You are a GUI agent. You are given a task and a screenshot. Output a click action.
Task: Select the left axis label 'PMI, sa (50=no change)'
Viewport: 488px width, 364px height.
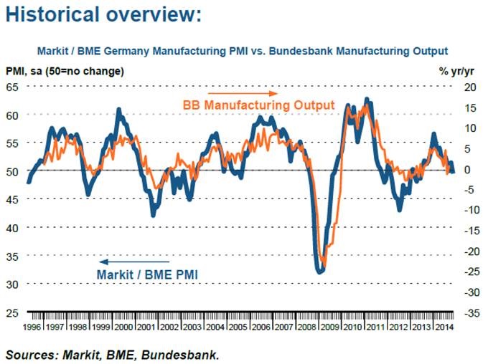pyautogui.click(x=65, y=71)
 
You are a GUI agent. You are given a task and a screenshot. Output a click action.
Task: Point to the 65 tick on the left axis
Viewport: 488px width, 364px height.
pyautogui.click(x=12, y=87)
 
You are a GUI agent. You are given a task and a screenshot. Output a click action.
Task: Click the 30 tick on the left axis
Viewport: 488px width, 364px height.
pyautogui.click(x=12, y=284)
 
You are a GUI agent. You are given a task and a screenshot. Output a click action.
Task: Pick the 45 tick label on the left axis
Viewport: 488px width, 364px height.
pyautogui.click(x=12, y=199)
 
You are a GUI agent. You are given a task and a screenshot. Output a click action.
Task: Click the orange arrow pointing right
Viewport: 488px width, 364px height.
pyautogui.click(x=242, y=94)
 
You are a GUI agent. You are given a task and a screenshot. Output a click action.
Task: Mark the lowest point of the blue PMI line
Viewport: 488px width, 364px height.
pyautogui.click(x=319, y=272)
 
